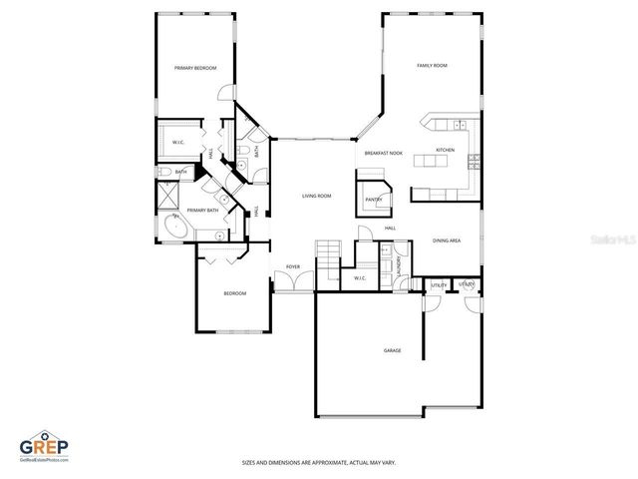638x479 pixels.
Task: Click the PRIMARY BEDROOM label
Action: [195, 68]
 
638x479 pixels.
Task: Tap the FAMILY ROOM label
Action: [432, 66]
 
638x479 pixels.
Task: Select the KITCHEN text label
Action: [445, 151]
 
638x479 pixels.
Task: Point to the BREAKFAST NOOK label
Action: [383, 153]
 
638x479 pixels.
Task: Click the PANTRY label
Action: [374, 199]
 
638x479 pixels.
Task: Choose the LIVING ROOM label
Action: [317, 196]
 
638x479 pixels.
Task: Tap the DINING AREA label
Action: [446, 240]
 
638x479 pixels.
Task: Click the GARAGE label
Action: [393, 351]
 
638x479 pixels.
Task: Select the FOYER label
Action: [293, 267]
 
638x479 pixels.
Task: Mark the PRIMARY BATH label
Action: [202, 211]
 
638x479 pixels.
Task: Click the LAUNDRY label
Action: [398, 267]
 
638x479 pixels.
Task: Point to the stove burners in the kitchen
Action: [475, 161]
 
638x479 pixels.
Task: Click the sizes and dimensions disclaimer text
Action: [318, 462]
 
